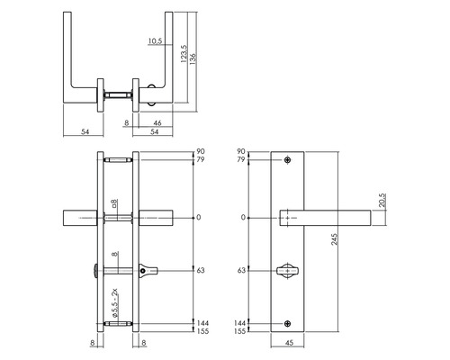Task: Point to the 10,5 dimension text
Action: [153, 41]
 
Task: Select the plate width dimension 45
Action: [288, 342]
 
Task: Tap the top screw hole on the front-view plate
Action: [288, 161]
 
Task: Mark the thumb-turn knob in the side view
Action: [146, 269]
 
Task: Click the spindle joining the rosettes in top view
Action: [116, 93]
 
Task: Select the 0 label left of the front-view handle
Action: [242, 217]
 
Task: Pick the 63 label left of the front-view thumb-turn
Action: [241, 269]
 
